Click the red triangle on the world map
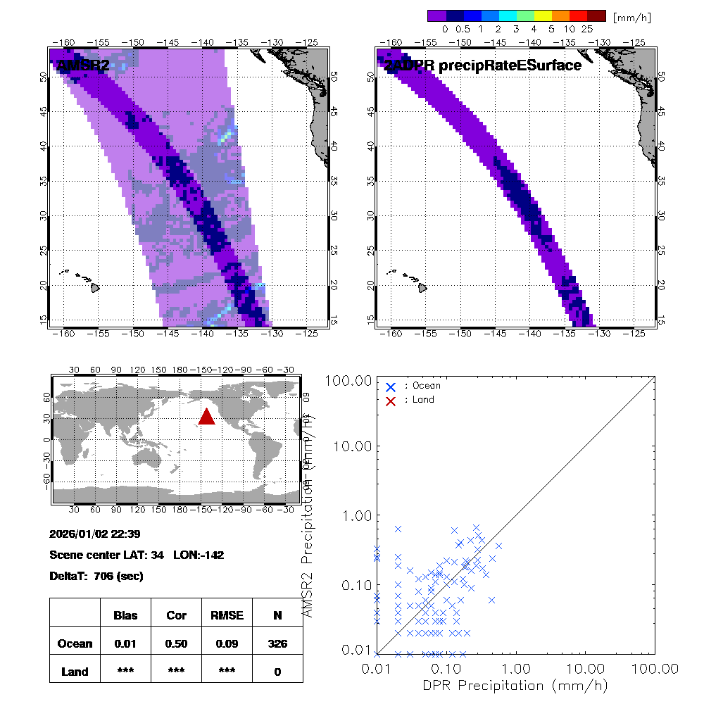coord(206,417)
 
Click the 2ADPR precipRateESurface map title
coord(482,65)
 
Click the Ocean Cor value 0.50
coord(176,643)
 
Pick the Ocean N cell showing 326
coord(277,643)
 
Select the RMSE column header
coord(227,615)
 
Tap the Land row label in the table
coord(75,672)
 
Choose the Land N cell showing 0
coord(277,672)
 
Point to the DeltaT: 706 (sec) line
coord(96,577)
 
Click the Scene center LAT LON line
coord(137,555)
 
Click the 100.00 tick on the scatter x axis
coord(655,667)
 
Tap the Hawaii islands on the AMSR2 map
coord(92,286)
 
